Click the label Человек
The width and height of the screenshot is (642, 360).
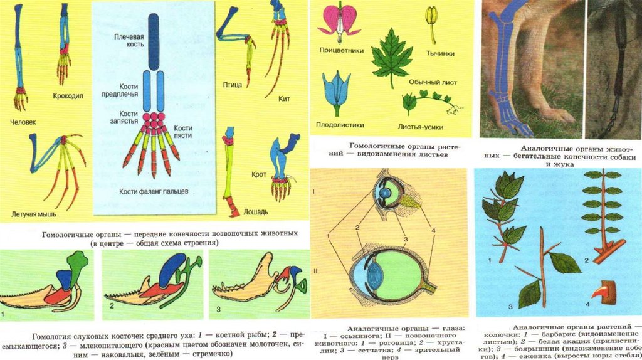23,121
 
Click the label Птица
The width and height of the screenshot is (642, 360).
233,84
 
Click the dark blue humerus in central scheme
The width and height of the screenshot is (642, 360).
154,50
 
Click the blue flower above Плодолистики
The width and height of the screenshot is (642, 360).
336,87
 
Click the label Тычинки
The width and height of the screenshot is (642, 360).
440,54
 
